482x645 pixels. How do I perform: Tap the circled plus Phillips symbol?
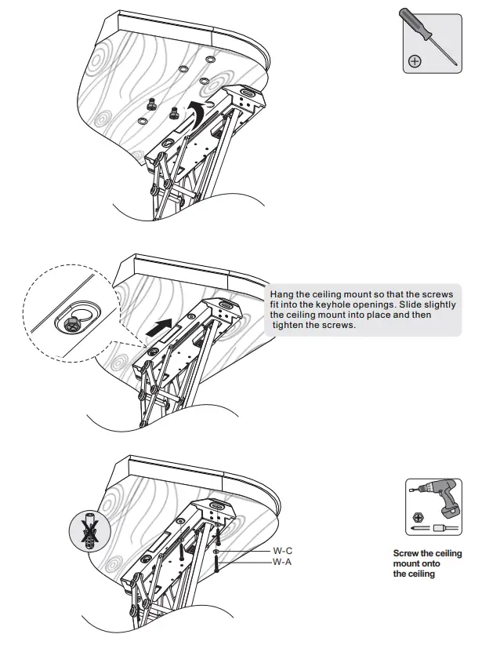click(x=415, y=60)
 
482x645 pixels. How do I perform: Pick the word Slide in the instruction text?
click(x=403, y=304)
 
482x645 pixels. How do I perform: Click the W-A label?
click(x=282, y=563)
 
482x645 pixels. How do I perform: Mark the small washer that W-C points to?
click(x=216, y=552)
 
